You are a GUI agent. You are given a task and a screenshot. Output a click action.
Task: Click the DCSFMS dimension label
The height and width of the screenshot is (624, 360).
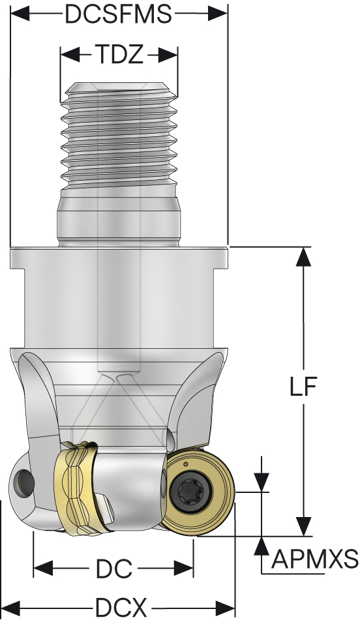[119, 14]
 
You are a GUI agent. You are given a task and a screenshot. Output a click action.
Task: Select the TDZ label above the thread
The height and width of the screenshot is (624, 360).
[119, 54]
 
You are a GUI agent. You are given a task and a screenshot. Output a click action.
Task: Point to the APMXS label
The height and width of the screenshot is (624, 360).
[315, 559]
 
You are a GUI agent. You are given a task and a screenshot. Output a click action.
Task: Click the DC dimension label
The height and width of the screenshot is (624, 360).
[113, 569]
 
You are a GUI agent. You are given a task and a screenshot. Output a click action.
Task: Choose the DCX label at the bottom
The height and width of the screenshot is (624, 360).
[121, 608]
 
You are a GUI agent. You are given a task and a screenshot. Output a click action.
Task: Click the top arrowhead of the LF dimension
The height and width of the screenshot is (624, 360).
[304, 256]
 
